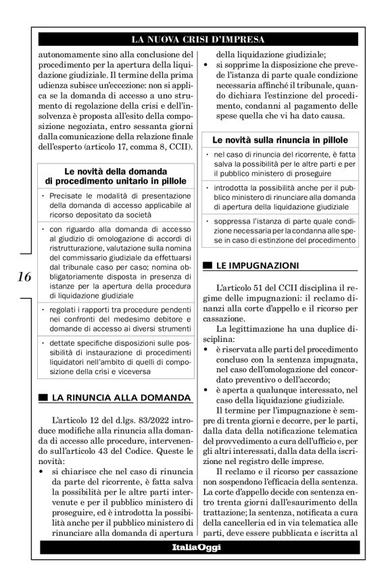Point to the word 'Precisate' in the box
(x=72, y=195)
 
